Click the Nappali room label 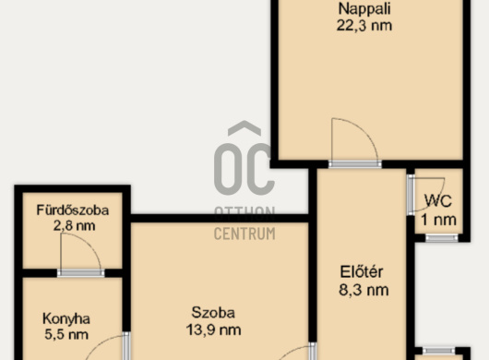[x=364, y=9]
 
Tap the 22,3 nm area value [x=364, y=25]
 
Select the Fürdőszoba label [x=73, y=210]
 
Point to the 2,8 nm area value [x=74, y=225]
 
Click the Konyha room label [x=66, y=318]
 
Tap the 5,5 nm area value [x=66, y=334]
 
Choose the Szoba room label [x=213, y=313]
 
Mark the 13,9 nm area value [x=214, y=330]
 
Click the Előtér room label [x=362, y=271]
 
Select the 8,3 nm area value [x=364, y=290]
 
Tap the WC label [x=438, y=201]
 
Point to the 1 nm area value [x=439, y=220]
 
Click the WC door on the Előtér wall [x=411, y=195]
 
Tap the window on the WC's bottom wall [x=442, y=238]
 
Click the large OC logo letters [x=244, y=169]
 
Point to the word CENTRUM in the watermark [x=244, y=234]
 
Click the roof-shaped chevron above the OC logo [x=244, y=128]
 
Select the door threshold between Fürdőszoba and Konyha [x=81, y=273]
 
